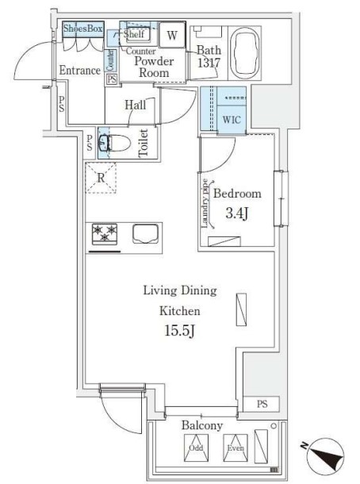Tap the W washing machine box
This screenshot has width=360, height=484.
point(172,35)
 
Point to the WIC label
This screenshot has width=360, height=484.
point(232,120)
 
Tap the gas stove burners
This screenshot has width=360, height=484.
point(105,234)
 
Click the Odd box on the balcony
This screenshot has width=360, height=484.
point(195,448)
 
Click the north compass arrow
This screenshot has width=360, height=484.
point(326,457)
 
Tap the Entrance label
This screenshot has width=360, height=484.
point(79,71)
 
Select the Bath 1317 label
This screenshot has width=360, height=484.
point(209,58)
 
